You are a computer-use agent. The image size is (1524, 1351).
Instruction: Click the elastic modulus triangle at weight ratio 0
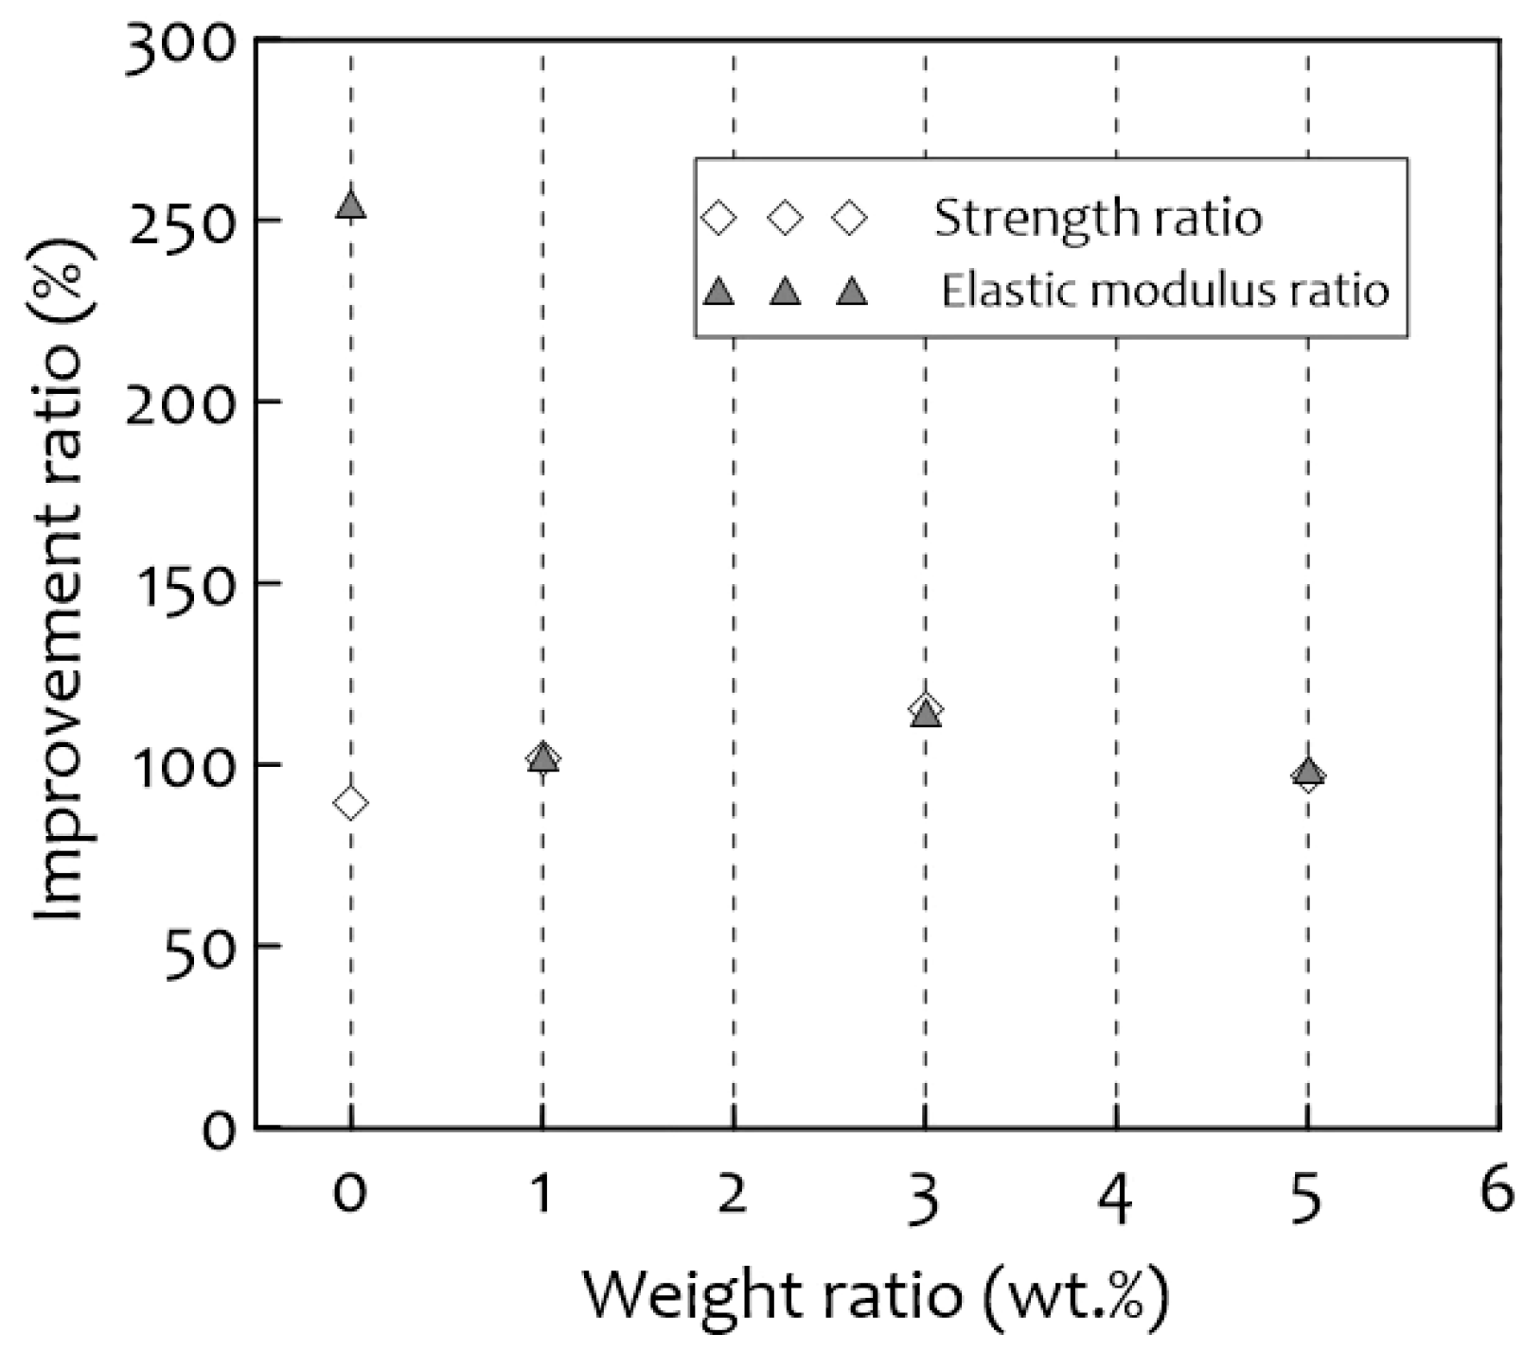pyautogui.click(x=350, y=204)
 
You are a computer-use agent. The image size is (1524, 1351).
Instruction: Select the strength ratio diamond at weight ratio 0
pyautogui.click(x=350, y=804)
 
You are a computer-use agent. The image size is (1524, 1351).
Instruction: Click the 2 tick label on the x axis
pyautogui.click(x=733, y=1195)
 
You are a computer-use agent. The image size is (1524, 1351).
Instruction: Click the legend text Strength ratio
pyautogui.click(x=1098, y=219)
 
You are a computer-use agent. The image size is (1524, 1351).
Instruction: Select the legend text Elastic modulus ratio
pyautogui.click(x=1164, y=291)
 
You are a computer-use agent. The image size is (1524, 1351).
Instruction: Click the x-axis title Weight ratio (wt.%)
pyautogui.click(x=875, y=1296)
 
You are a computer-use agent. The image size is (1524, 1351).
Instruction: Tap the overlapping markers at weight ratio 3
pyautogui.click(x=926, y=711)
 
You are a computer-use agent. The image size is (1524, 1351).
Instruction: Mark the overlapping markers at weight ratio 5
pyautogui.click(x=1307, y=774)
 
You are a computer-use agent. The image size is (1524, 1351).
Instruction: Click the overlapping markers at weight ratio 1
pyautogui.click(x=542, y=758)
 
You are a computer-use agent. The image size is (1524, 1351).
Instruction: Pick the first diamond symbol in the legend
pyautogui.click(x=720, y=219)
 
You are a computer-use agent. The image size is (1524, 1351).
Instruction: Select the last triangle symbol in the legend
pyautogui.click(x=853, y=292)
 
